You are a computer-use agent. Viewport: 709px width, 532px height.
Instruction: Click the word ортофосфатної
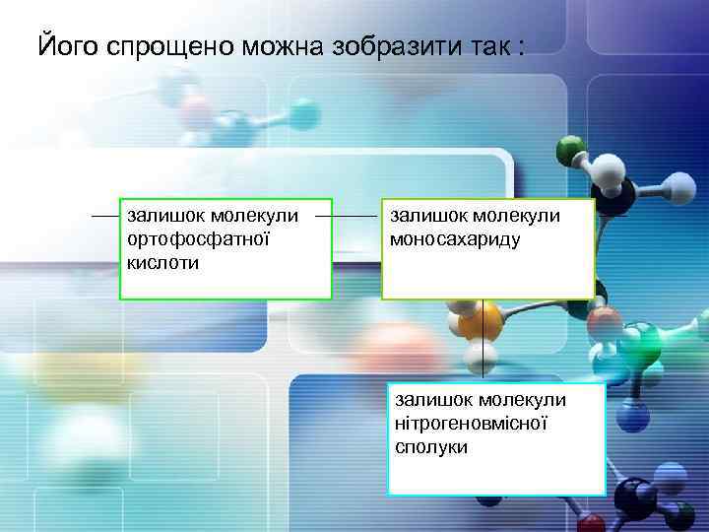197,239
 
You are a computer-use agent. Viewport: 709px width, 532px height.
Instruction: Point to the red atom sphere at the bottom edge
592,523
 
